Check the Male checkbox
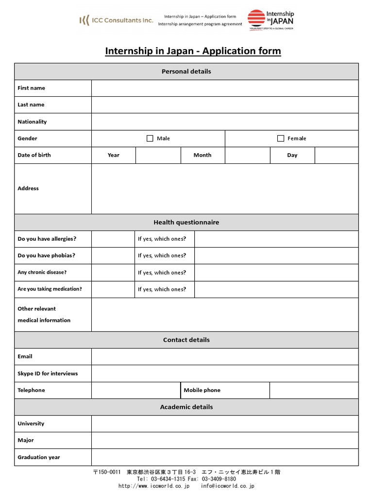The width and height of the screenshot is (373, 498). coord(150,139)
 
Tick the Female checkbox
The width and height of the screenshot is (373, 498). coord(281,139)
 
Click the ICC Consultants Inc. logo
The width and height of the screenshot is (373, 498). coord(116,20)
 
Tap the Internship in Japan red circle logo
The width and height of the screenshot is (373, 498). coord(256,18)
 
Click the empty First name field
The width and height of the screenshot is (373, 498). coord(225,88)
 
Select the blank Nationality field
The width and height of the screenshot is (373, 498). coord(225,122)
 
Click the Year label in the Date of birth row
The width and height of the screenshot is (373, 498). coord(114,155)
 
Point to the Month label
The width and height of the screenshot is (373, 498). coord(203,155)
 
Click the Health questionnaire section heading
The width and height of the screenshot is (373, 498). coord(186,222)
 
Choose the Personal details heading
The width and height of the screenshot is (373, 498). coord(186,71)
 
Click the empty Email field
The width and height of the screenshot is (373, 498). coord(225,356)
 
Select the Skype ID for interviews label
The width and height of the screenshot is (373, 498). coord(48,373)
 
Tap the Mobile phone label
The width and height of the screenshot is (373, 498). coord(202,390)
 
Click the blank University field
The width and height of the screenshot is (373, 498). coord(225,424)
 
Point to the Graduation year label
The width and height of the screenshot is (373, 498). coord(39,457)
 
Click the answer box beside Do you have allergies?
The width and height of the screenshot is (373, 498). coord(113,239)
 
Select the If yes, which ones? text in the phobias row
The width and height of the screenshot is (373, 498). coord(162,255)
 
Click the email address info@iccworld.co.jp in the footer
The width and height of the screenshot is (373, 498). coord(227,486)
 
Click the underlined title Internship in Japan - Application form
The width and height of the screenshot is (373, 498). coord(193,51)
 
